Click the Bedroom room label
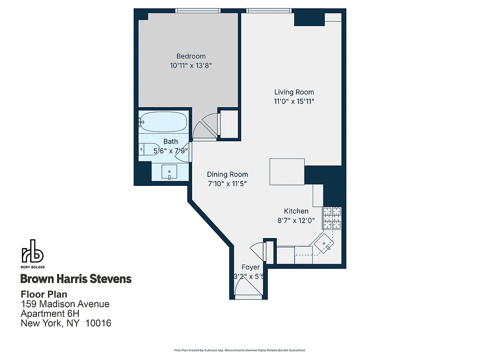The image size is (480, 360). click(191, 56)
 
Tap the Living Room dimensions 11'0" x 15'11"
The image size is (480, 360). click(294, 101)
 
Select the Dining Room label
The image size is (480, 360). click(227, 174)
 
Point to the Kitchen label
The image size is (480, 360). click(296, 211)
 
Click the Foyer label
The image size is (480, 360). click(251, 267)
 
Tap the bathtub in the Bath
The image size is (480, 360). click(163, 121)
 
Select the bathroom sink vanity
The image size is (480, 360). click(170, 171)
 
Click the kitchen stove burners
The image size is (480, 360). click(332, 218)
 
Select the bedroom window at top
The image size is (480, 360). click(198, 10)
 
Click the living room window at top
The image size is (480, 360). click(269, 10)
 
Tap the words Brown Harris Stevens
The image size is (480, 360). click(76, 279)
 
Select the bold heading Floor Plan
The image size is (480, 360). click(44, 294)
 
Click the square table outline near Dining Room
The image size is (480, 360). click(287, 171)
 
